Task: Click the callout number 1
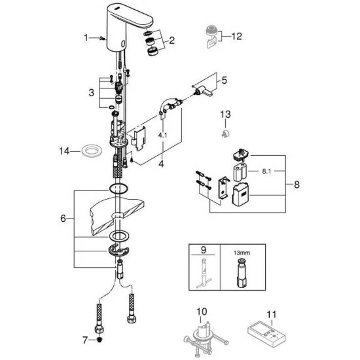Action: coord(85,38)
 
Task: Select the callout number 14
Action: coord(64,151)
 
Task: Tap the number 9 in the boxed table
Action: coord(202,249)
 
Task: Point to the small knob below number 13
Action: coord(225,134)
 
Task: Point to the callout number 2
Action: coord(171,41)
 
